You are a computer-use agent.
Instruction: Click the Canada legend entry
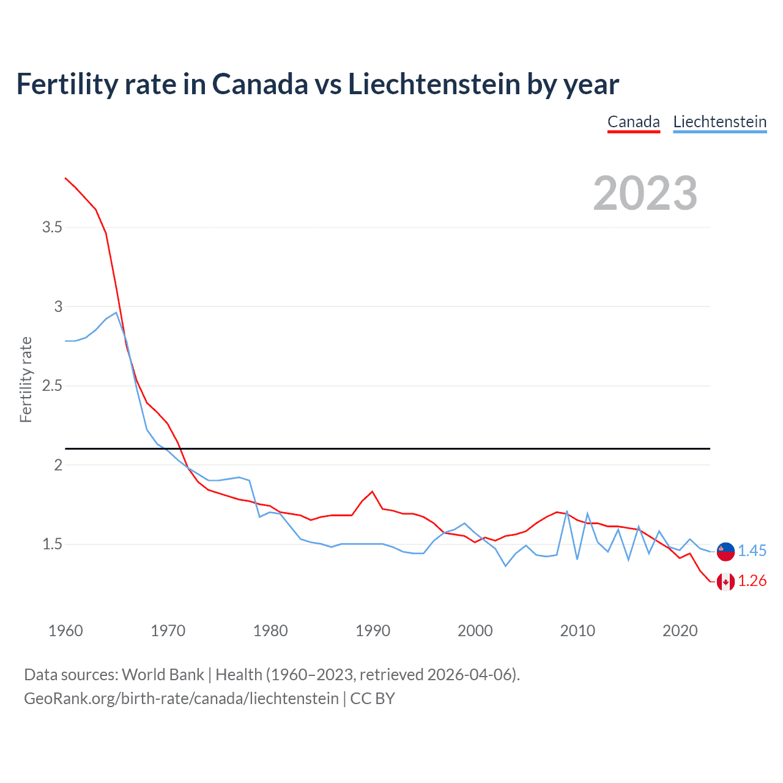633,122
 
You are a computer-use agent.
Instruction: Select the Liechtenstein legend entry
719,122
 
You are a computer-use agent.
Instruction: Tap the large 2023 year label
645,193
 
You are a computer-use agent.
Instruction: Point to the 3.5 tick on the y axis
52,228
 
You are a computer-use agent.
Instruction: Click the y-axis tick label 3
58,306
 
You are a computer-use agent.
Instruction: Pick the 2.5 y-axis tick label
52,386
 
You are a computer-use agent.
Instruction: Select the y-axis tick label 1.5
52,544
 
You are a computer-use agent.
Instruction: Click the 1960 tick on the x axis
65,631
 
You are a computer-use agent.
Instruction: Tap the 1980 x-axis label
270,631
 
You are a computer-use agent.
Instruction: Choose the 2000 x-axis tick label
475,631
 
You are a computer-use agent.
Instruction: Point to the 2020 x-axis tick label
680,631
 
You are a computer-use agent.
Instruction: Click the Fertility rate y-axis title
26,379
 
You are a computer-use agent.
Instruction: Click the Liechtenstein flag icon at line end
725,551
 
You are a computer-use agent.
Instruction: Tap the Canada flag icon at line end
725,581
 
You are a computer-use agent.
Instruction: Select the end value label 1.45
752,551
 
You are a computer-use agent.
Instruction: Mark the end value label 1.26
752,581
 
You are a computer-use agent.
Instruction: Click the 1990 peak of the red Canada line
372,491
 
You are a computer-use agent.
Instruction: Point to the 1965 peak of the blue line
116,313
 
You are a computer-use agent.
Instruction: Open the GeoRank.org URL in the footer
181,699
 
